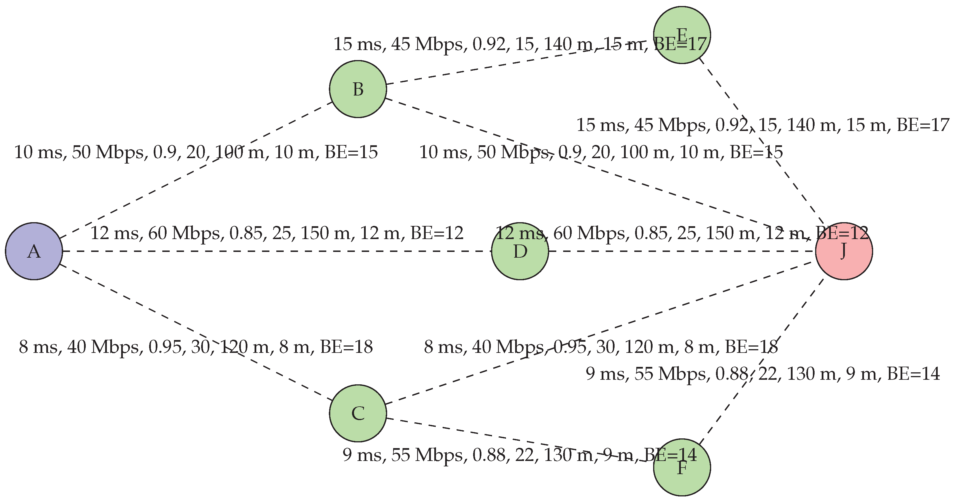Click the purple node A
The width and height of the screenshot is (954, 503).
pos(34,251)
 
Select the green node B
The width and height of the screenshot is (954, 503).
pos(358,89)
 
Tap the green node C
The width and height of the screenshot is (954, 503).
pos(358,413)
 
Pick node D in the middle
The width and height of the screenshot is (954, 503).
pos(520,251)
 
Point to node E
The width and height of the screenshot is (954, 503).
pos(682,35)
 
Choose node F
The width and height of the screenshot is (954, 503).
pos(682,468)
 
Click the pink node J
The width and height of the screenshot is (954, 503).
pos(844,251)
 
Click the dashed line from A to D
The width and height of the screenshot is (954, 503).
pos(278,251)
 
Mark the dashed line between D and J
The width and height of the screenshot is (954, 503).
pos(681,251)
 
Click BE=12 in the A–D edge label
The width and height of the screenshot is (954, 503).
pos(437,233)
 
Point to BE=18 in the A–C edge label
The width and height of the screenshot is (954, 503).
pos(346,347)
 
